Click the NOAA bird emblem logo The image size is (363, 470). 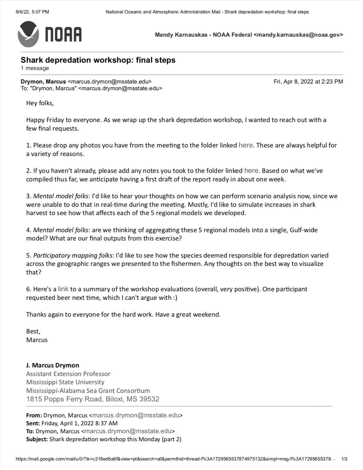tap(28, 34)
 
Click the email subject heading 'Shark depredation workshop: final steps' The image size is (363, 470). tap(98, 60)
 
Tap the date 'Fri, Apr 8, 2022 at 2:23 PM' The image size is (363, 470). tap(308, 82)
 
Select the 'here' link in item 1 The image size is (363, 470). tap(245, 145)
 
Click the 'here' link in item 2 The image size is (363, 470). tap(251, 170)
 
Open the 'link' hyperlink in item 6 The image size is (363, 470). tap(63, 289)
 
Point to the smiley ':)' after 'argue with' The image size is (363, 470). tap(175, 298)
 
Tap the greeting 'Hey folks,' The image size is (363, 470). tap(40, 103)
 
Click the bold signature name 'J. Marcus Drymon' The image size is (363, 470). tap(53, 365)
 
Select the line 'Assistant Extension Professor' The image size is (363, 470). tap(68, 374)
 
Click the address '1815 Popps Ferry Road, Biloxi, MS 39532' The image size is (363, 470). tap(92, 399)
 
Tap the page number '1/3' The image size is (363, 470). tap(344, 459)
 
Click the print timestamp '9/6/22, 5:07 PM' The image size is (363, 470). tap(32, 12)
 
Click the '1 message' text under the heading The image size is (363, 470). tap(35, 68)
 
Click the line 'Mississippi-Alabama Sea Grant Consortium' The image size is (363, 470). tap(88, 391)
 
